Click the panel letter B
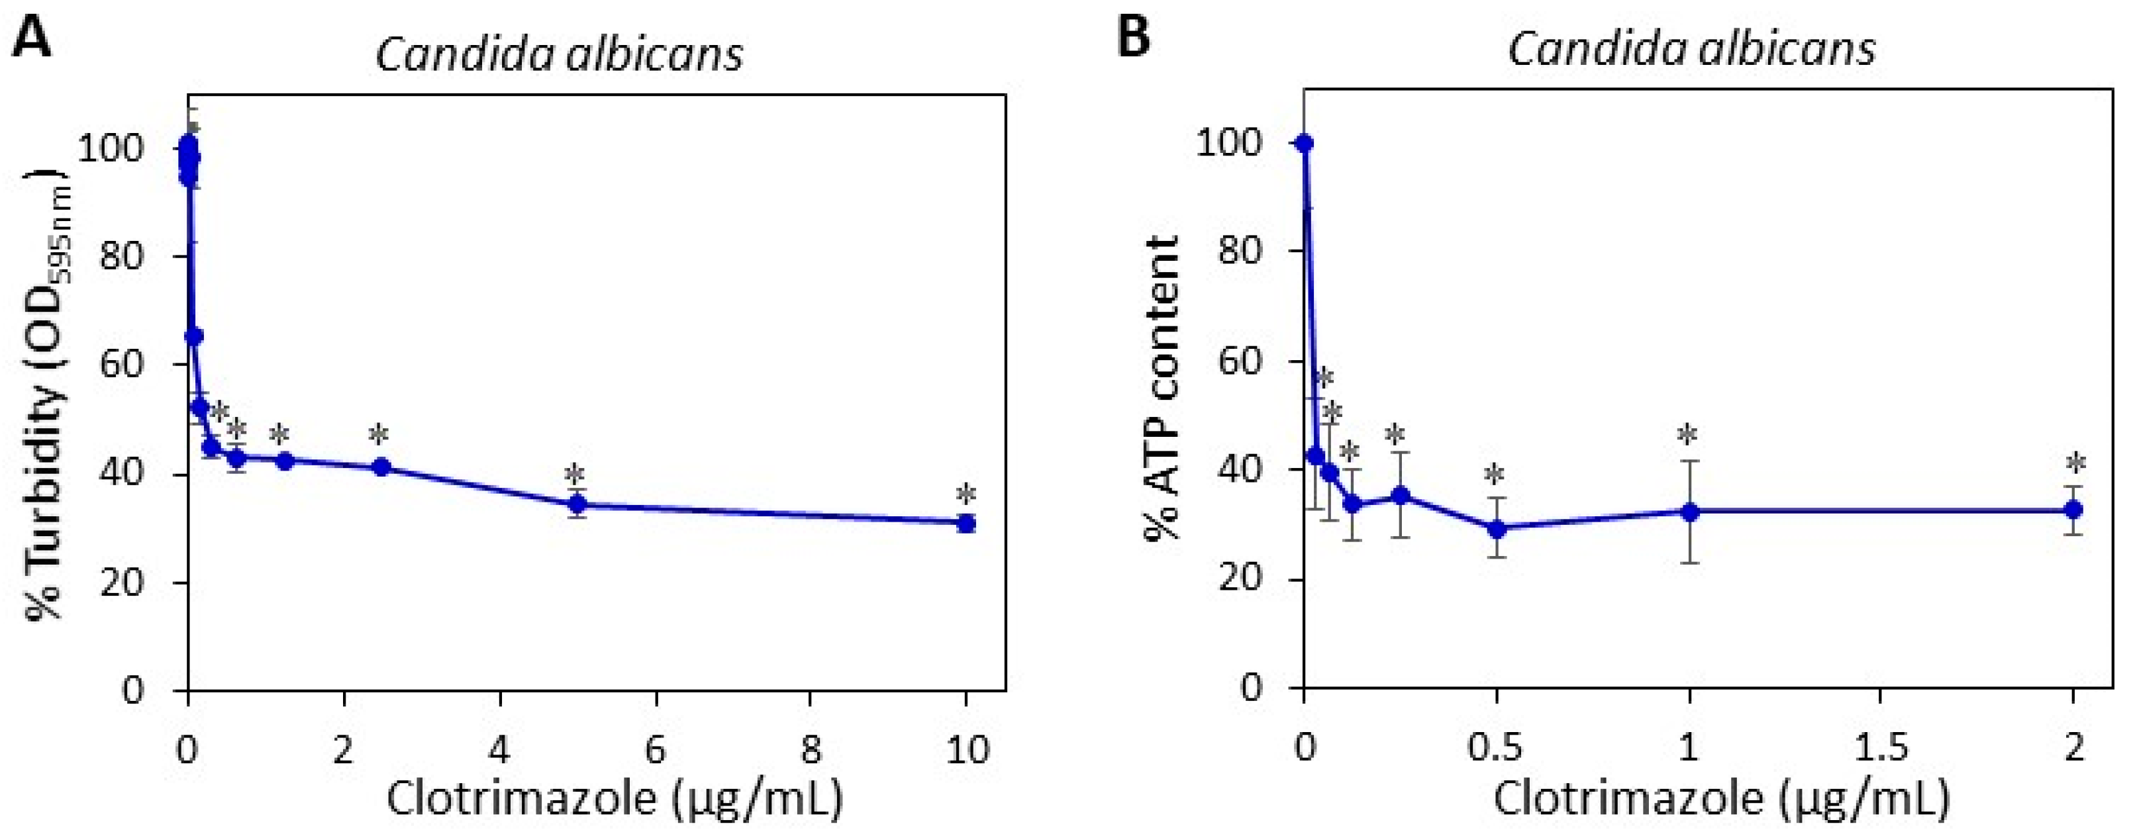[1134, 36]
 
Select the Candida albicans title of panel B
[1691, 49]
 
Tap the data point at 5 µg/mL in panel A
[577, 504]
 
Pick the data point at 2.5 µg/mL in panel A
[381, 467]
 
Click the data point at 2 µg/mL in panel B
[2073, 510]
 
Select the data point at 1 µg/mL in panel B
[1689, 512]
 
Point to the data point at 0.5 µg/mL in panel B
[1496, 528]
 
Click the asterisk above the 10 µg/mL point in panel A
[966, 495]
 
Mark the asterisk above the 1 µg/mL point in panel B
[1687, 435]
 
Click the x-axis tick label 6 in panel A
[656, 750]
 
